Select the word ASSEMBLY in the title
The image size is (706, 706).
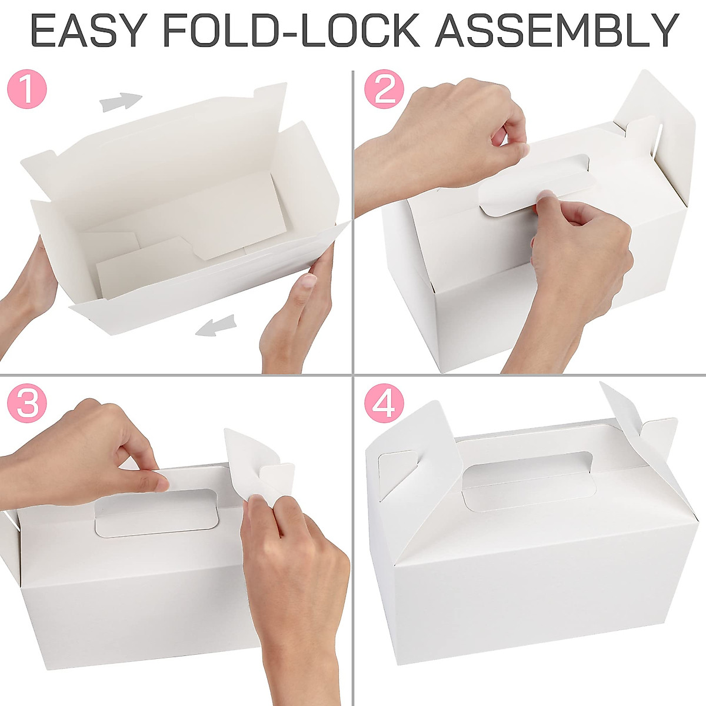(x=557, y=31)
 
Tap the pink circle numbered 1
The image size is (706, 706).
(x=26, y=90)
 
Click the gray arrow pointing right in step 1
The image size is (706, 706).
(x=121, y=102)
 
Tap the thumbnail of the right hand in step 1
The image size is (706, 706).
(x=307, y=282)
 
